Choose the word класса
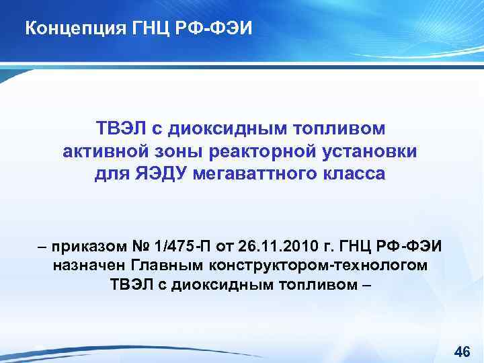pyautogui.click(x=356, y=175)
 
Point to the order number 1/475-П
pyautogui.click(x=178, y=245)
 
